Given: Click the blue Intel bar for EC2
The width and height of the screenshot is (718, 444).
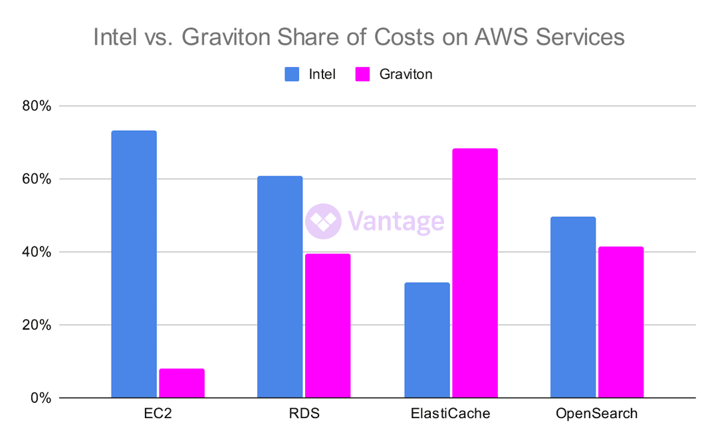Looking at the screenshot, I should point(134,264).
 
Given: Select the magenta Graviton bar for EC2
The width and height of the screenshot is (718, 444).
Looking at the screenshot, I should point(181,384).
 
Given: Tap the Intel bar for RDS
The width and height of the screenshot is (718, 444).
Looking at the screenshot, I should point(280,287).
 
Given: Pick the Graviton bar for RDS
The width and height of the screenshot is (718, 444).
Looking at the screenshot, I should point(328,326).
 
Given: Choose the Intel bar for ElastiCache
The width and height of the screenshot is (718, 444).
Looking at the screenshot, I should point(427,340).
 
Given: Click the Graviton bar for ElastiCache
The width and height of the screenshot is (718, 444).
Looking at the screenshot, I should point(475,273).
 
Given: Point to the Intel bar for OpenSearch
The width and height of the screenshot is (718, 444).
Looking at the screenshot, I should point(573,307).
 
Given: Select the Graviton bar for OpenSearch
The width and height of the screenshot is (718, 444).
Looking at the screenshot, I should point(621,322).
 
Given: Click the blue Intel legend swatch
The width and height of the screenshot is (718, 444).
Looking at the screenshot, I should point(292,74).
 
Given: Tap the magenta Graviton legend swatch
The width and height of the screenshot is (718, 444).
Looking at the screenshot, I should point(362,74).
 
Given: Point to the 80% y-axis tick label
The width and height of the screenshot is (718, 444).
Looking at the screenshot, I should point(38,106).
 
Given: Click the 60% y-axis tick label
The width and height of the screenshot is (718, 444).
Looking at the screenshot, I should point(38,179).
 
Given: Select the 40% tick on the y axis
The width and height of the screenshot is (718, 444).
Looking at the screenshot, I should point(38,253).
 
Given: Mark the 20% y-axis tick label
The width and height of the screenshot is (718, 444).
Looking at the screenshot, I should point(38,326).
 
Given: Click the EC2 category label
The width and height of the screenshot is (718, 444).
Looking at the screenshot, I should point(158,414).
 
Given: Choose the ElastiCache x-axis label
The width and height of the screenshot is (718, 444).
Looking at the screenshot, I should point(451,414).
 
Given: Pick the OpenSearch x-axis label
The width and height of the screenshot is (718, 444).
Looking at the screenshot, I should point(597,414).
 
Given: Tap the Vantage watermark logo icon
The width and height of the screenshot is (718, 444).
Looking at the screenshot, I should point(323,221).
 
